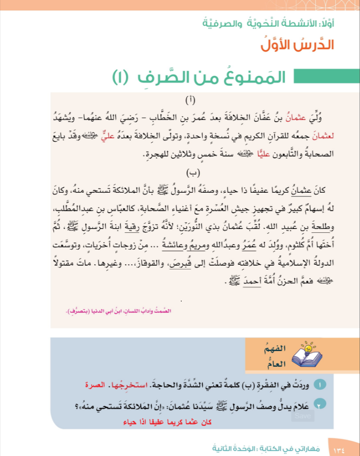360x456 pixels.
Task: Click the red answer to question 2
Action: pyautogui.click(x=167, y=422)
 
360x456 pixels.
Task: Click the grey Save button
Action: pyautogui.click(x=302, y=416)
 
